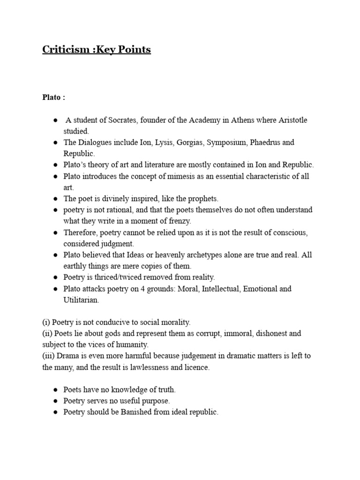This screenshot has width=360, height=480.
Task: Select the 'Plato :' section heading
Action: click(53, 97)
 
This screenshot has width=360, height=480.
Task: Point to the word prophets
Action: click(202, 199)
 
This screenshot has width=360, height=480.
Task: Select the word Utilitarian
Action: click(81, 300)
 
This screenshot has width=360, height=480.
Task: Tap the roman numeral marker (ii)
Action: click(47, 333)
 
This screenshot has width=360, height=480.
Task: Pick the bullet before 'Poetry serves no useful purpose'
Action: click(55, 401)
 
